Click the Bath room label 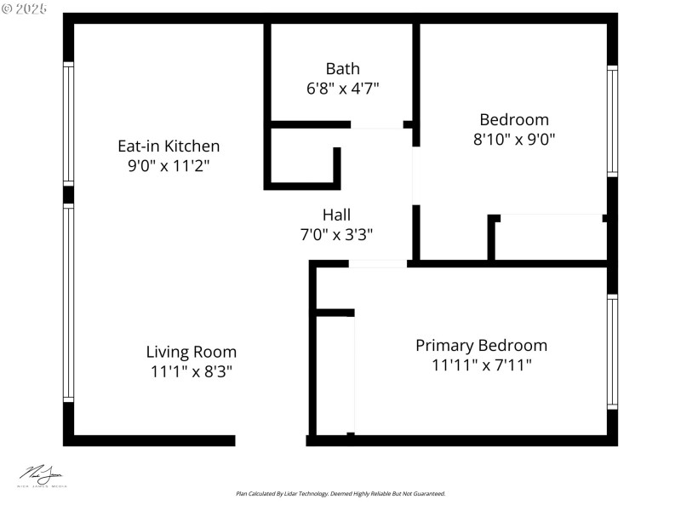pyautogui.click(x=342, y=68)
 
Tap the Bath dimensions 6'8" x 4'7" pyautogui.click(x=342, y=88)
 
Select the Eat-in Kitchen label pyautogui.click(x=169, y=146)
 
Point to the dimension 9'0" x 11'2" pyautogui.click(x=169, y=165)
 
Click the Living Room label pyautogui.click(x=191, y=351)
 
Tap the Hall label pyautogui.click(x=335, y=215)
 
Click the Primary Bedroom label pyautogui.click(x=481, y=345)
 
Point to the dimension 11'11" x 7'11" pyautogui.click(x=481, y=365)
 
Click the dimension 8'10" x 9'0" pyautogui.click(x=513, y=139)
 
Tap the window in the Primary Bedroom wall pyautogui.click(x=612, y=352)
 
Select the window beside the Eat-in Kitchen pyautogui.click(x=68, y=123)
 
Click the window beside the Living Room pyautogui.click(x=68, y=302)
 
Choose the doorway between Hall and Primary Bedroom pyautogui.click(x=378, y=264)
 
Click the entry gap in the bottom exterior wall pyautogui.click(x=271, y=440)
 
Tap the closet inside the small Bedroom pyautogui.click(x=550, y=238)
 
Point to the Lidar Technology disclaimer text pyautogui.click(x=340, y=493)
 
